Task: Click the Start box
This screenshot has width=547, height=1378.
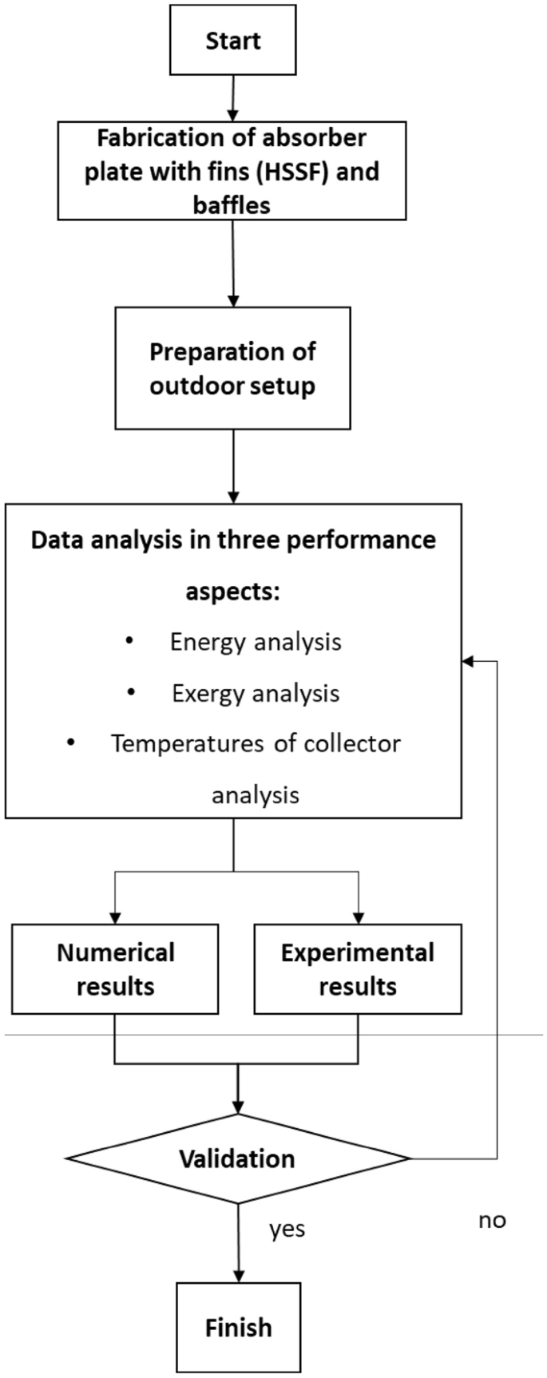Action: coord(233,41)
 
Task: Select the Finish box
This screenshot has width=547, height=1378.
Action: coord(239,1328)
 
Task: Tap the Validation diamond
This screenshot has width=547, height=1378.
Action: coord(237,1158)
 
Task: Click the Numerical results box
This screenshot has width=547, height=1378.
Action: coord(115,969)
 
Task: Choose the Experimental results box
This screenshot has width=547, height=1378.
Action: coord(358,969)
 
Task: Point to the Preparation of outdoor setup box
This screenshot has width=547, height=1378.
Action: coord(232,368)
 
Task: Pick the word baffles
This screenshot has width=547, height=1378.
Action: coord(232,205)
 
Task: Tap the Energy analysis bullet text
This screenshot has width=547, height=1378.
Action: coord(256,642)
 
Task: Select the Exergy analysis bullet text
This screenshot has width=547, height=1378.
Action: coord(256,693)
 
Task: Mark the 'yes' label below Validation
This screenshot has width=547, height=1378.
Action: coord(287,1229)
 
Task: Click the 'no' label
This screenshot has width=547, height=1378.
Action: coord(492,1220)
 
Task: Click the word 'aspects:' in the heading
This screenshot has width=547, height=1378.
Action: coord(232,592)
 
